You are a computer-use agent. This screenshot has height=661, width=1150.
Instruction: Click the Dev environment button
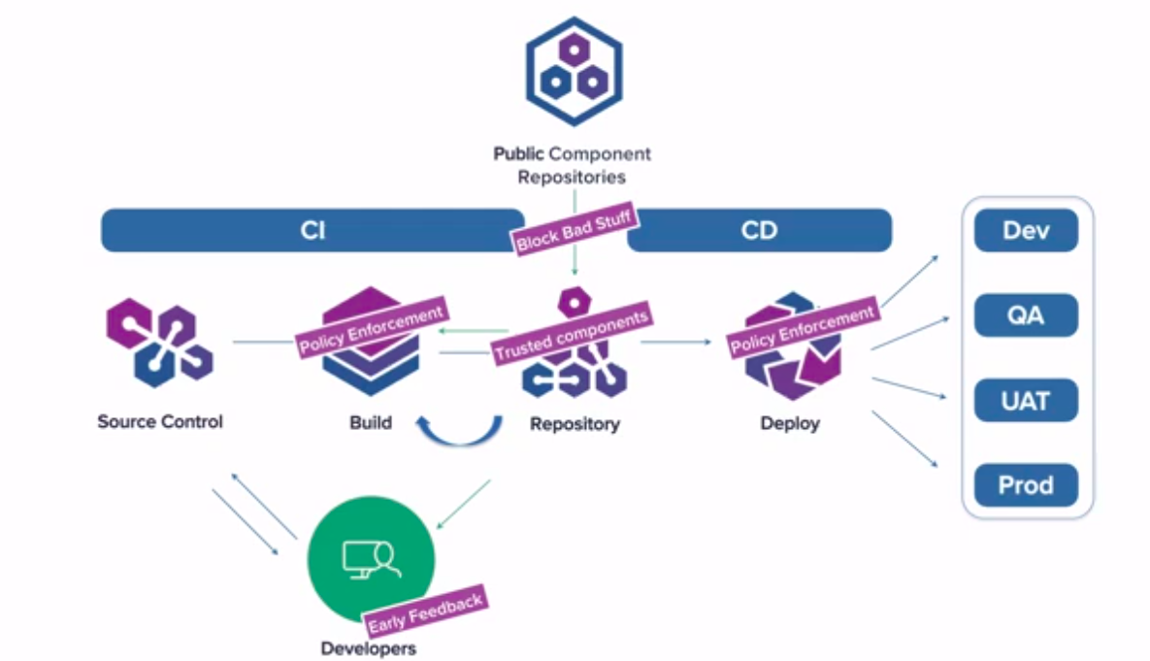coord(1026,231)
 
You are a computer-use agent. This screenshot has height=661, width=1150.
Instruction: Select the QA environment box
coord(1026,315)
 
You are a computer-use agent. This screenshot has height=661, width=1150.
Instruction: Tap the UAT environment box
coord(1026,400)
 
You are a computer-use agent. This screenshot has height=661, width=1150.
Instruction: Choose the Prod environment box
coord(1026,484)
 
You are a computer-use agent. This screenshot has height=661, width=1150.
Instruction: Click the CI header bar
coord(312,231)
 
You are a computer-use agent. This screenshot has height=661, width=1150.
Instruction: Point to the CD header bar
coord(759,231)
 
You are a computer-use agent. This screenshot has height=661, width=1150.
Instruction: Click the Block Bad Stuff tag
coord(575,230)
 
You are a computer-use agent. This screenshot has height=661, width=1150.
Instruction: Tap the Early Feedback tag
coord(425,611)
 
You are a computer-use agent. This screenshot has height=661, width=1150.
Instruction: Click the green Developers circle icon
coord(371,559)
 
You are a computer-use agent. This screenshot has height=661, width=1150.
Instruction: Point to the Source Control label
coord(160,421)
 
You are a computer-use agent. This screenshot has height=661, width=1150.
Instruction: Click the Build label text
coord(371,422)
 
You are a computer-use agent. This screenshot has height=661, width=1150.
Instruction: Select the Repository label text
coord(575,423)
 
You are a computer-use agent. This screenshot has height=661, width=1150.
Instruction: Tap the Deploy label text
coord(790,423)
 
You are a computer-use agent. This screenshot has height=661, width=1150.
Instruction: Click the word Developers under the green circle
coord(369,647)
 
